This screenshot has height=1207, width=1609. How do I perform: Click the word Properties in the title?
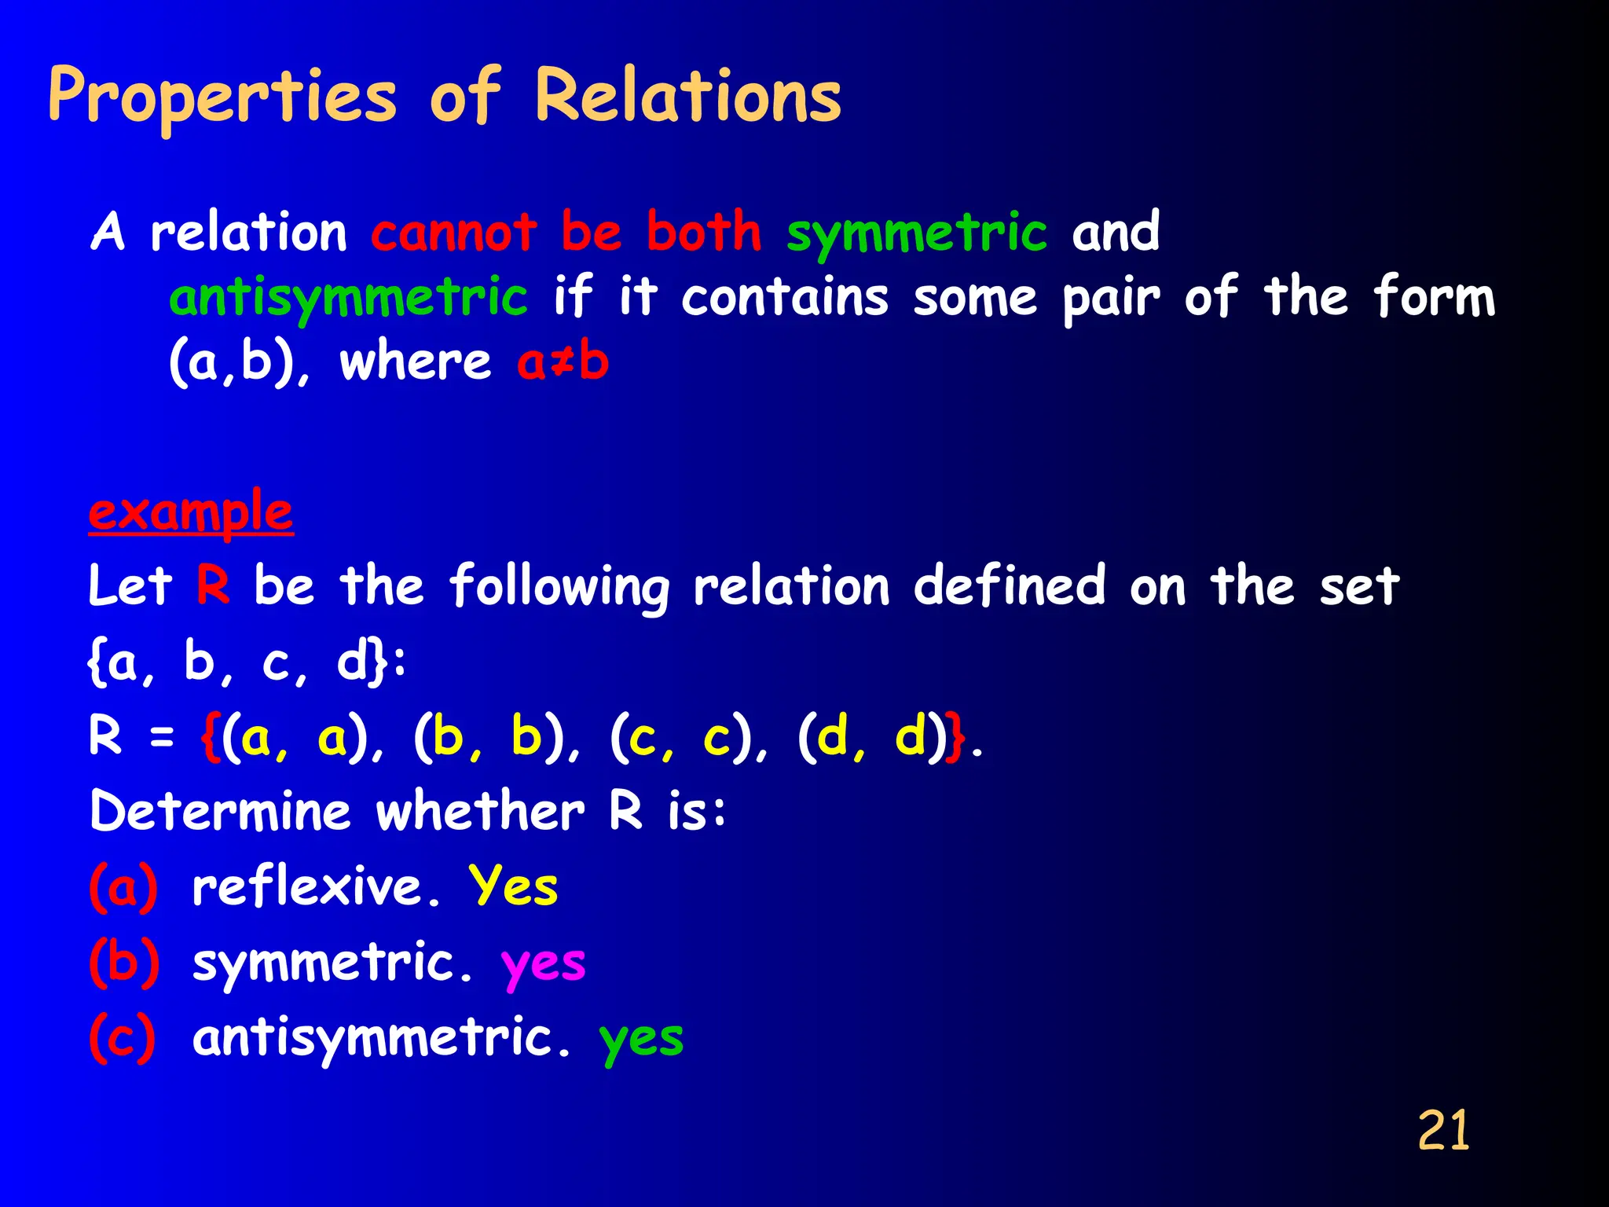[x=223, y=97]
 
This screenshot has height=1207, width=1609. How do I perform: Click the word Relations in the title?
[x=688, y=97]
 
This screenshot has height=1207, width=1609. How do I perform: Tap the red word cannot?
[x=454, y=233]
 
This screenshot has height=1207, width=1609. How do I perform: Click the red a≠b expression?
[x=563, y=362]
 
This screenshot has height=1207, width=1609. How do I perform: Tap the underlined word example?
[x=191, y=512]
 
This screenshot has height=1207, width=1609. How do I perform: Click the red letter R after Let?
[x=213, y=586]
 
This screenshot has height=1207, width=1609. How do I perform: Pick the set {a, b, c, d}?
[x=247, y=662]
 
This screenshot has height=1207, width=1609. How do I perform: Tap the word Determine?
[x=220, y=811]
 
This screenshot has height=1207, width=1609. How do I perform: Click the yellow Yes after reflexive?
[x=514, y=886]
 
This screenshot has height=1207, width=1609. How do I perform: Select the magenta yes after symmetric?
[x=544, y=963]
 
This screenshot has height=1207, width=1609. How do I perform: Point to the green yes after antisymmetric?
[x=641, y=1039]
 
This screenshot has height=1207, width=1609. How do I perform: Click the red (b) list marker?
[x=124, y=962]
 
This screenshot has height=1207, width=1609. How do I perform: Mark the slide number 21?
[x=1443, y=1131]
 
